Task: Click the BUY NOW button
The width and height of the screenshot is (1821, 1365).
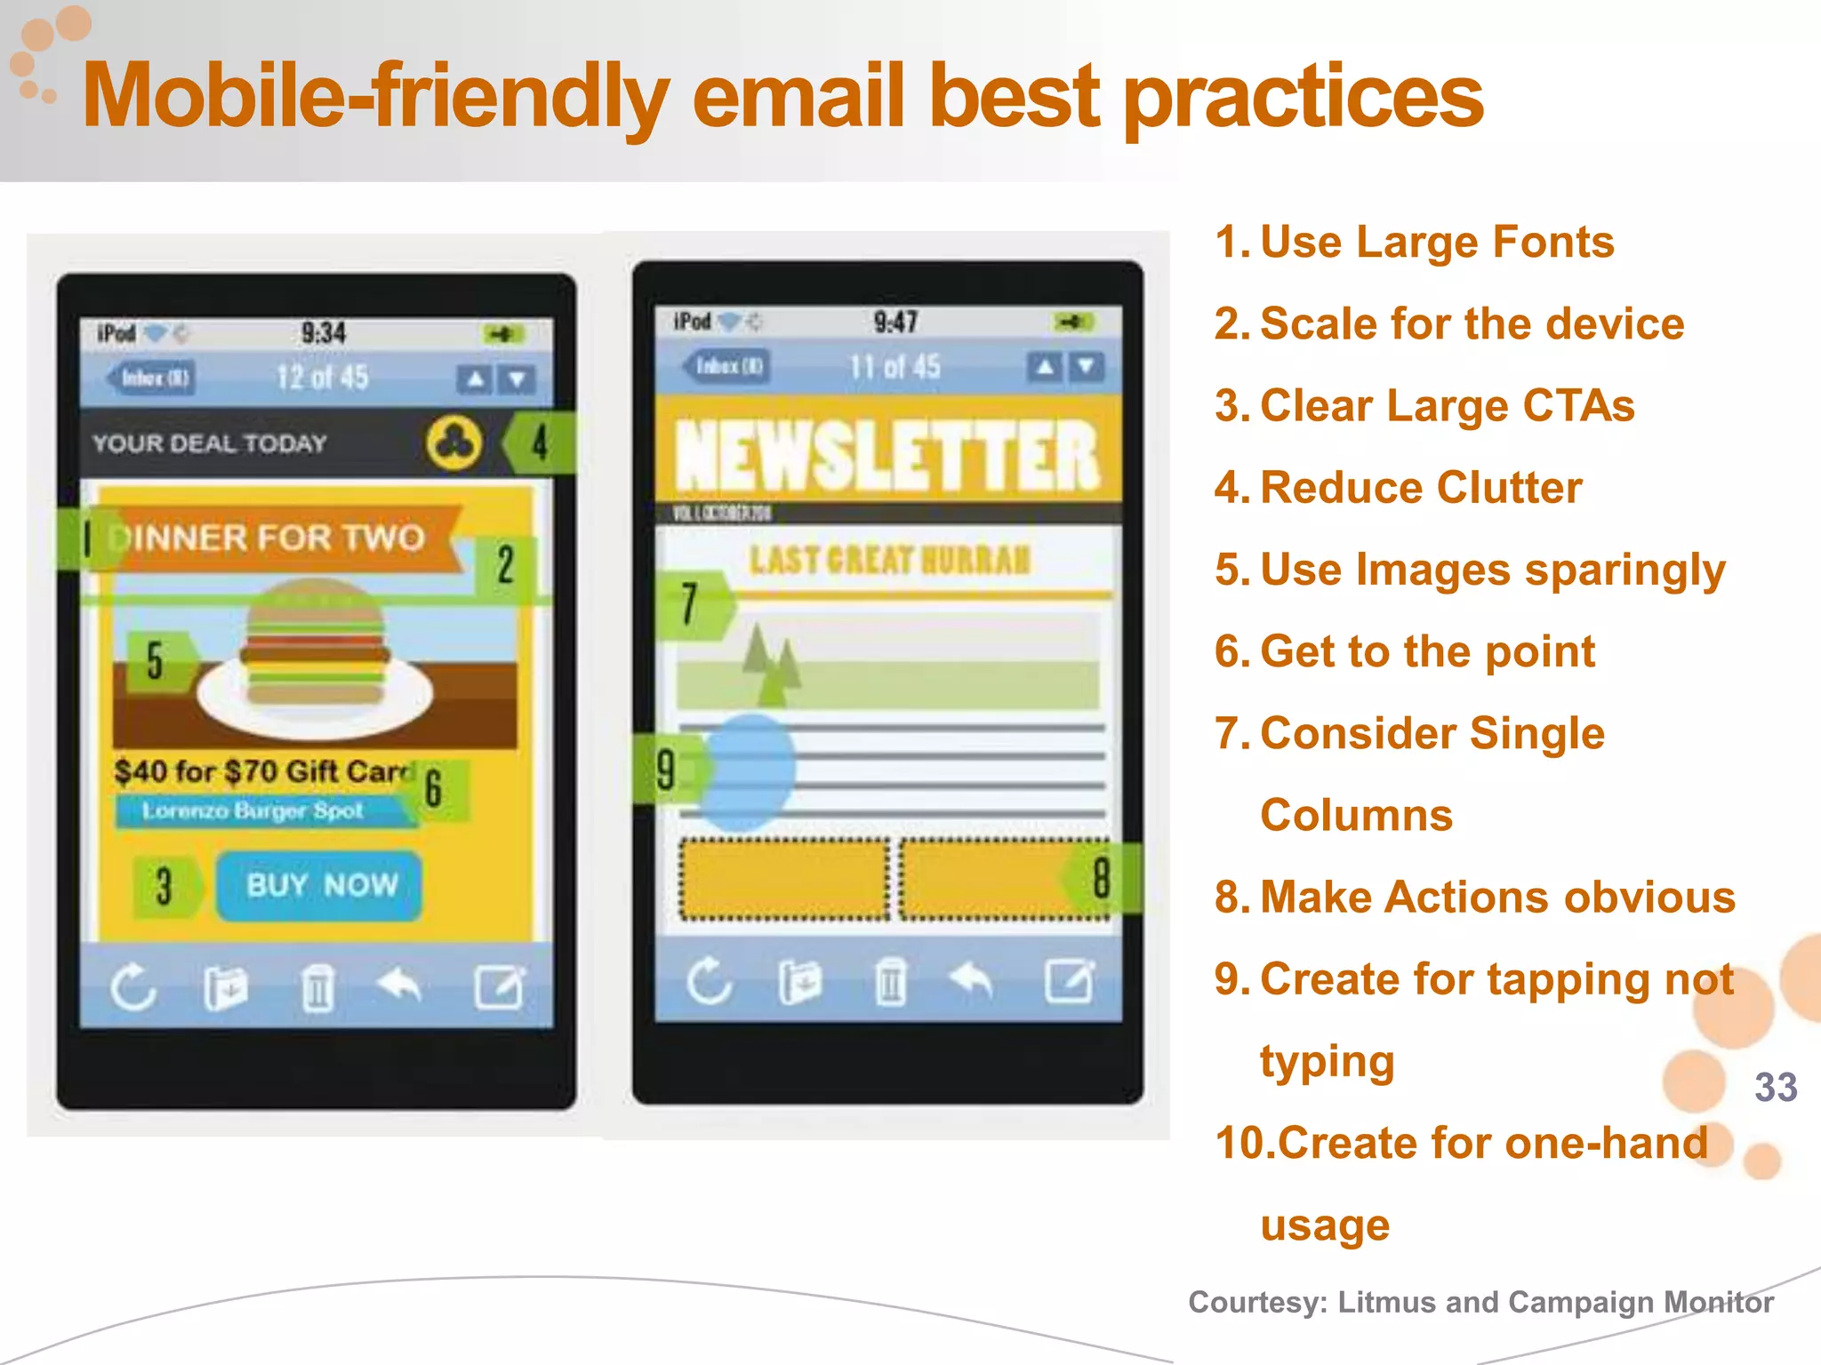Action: pyautogui.click(x=319, y=885)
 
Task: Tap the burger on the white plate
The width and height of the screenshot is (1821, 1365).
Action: pyautogui.click(x=315, y=644)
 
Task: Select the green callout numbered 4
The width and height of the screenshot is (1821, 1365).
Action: pyautogui.click(x=539, y=442)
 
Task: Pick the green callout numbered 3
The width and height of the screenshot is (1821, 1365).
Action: pyautogui.click(x=164, y=886)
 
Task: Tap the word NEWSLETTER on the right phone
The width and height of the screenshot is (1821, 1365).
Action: pyautogui.click(x=887, y=456)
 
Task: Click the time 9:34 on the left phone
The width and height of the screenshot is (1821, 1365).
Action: pyautogui.click(x=323, y=333)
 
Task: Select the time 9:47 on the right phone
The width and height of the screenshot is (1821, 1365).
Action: pyautogui.click(x=894, y=322)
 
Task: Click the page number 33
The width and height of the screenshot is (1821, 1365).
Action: pyautogui.click(x=1776, y=1087)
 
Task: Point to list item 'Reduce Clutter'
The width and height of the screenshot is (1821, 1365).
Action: pyautogui.click(x=1421, y=488)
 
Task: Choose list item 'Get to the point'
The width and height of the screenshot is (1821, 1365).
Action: pyautogui.click(x=1427, y=651)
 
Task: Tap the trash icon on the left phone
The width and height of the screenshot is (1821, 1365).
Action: pyautogui.click(x=317, y=987)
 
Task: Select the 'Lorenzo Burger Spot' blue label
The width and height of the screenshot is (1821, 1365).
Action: pyautogui.click(x=253, y=810)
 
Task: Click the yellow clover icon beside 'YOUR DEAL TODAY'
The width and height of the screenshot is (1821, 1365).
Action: pyautogui.click(x=454, y=442)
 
